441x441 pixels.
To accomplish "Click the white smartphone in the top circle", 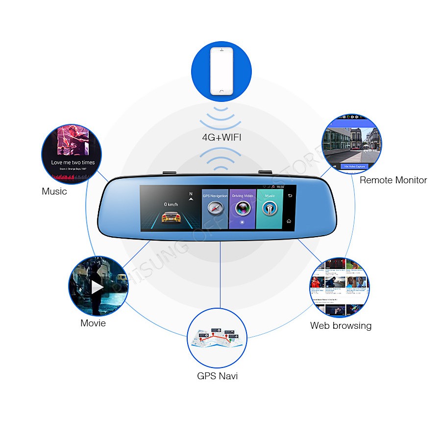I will tap(220, 71).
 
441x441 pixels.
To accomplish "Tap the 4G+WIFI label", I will tap(221, 138).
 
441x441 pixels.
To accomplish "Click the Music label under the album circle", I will tap(54, 192).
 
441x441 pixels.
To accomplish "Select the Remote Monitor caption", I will tap(393, 180).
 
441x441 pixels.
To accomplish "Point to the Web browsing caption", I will tap(341, 325).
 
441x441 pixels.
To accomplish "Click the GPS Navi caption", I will tap(217, 376).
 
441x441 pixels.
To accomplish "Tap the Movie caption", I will tap(93, 323).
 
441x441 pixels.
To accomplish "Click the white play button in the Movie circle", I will tap(98, 287).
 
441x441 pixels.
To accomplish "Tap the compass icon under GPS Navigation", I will tap(215, 209).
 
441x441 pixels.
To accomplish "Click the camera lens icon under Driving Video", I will tap(242, 208).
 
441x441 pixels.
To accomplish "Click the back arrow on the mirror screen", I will tap(289, 196).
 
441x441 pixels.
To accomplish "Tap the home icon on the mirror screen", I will tap(289, 221).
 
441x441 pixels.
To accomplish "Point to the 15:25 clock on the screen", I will tap(280, 187).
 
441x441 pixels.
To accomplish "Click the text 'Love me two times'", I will tap(73, 162).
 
